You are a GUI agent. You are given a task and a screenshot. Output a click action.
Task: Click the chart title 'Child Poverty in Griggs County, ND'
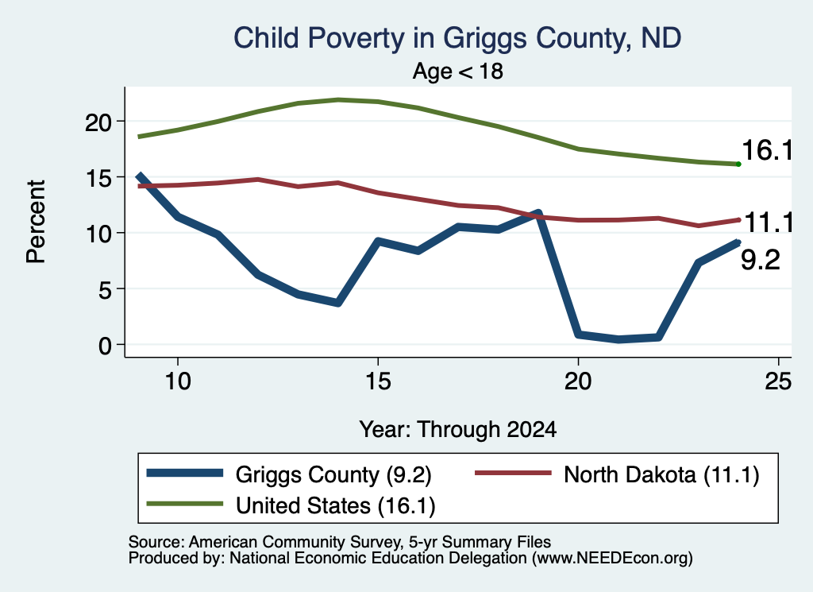pyautogui.click(x=457, y=39)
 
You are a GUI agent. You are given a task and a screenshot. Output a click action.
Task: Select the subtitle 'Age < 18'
pyautogui.click(x=458, y=71)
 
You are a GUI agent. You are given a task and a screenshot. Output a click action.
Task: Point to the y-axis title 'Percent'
pyautogui.click(x=36, y=222)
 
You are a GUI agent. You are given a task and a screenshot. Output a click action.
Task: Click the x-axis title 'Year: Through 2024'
pyautogui.click(x=458, y=430)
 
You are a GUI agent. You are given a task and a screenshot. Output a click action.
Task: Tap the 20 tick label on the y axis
pyautogui.click(x=98, y=122)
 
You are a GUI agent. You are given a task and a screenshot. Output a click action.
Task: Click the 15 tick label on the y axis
pyautogui.click(x=98, y=179)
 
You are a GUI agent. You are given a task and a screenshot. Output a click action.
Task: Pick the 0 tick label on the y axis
pyautogui.click(x=106, y=346)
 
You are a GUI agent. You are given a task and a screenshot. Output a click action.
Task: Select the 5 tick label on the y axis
pyautogui.click(x=106, y=290)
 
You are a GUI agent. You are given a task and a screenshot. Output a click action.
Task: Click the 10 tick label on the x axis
pyautogui.click(x=178, y=381)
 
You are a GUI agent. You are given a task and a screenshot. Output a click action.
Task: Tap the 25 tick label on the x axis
pyautogui.click(x=778, y=381)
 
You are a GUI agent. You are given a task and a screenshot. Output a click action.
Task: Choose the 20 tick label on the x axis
pyautogui.click(x=578, y=381)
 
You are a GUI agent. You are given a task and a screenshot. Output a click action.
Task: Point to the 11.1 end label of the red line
pyautogui.click(x=769, y=223)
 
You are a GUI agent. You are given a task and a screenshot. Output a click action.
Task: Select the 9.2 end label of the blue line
pyautogui.click(x=760, y=259)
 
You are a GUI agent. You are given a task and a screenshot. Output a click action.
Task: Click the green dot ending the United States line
pyautogui.click(x=738, y=164)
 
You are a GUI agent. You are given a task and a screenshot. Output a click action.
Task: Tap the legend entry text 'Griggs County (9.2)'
pyautogui.click(x=333, y=474)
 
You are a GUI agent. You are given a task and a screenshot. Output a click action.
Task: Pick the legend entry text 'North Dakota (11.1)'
pyautogui.click(x=661, y=474)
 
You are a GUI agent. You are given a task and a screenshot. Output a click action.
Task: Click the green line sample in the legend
pyautogui.click(x=184, y=504)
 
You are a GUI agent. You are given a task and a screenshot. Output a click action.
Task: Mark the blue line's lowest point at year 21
pyautogui.click(x=618, y=339)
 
